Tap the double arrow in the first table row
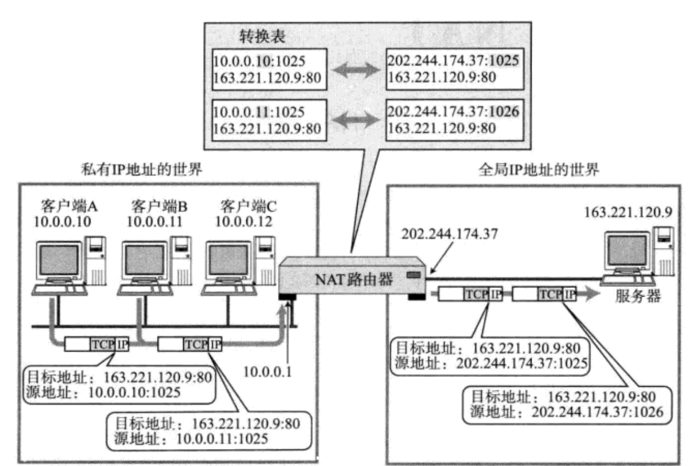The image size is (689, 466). click(355, 69)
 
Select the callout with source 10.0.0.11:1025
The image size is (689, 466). click(208, 428)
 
